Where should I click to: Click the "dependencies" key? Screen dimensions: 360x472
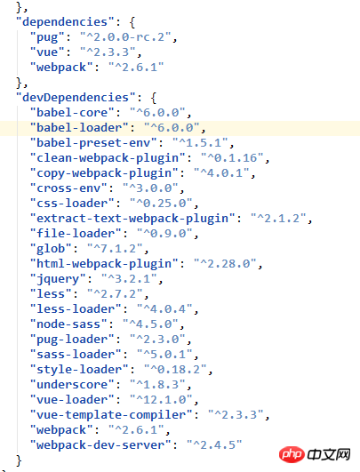point(65,22)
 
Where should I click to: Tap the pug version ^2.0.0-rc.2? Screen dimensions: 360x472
point(125,37)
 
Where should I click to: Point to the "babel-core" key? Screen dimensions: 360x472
point(72,113)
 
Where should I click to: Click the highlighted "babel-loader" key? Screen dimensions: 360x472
point(79,128)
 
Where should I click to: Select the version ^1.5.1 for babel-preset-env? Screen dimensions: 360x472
point(200,143)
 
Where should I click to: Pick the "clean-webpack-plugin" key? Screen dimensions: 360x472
point(108,158)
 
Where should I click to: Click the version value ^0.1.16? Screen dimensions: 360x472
point(232,158)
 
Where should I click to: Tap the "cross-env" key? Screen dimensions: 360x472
point(68,188)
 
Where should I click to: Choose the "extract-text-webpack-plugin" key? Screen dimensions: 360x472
point(132,219)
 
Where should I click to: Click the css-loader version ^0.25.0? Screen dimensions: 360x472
point(161,204)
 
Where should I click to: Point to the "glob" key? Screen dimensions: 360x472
point(51,249)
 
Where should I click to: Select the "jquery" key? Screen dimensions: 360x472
point(58,279)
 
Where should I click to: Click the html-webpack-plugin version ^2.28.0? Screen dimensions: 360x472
point(225,264)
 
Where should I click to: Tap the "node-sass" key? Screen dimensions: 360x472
point(68,324)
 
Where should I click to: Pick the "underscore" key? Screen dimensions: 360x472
point(72,385)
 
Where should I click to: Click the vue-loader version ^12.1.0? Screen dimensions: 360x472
point(161,400)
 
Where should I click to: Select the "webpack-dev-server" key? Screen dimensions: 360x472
point(100,445)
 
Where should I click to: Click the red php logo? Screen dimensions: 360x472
point(292,454)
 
